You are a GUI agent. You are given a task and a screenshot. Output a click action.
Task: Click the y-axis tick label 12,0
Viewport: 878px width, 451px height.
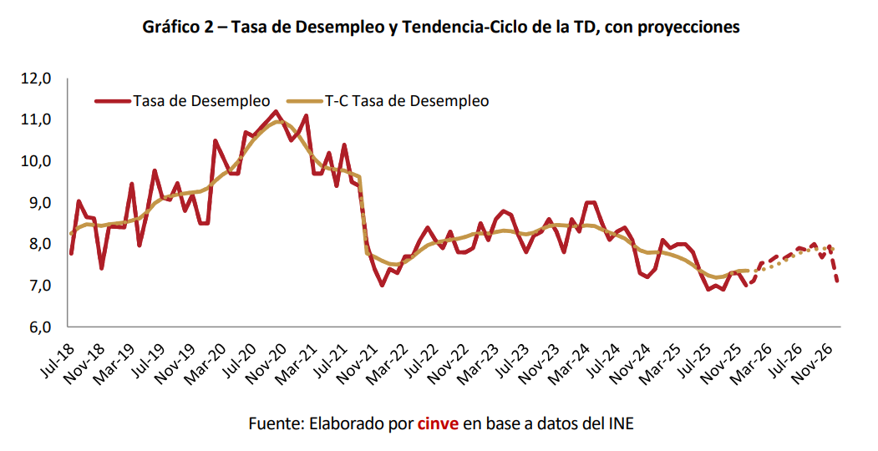[38, 79]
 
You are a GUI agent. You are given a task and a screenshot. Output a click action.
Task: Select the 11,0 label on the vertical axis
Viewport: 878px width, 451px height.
[38, 120]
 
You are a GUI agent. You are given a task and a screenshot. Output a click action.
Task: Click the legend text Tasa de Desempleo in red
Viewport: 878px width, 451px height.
[200, 101]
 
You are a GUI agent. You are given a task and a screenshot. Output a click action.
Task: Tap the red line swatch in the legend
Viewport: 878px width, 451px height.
[113, 101]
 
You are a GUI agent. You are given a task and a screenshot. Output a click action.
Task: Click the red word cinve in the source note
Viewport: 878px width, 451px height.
[438, 423]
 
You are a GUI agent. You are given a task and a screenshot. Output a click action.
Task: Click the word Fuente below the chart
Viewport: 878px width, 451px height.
[275, 423]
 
